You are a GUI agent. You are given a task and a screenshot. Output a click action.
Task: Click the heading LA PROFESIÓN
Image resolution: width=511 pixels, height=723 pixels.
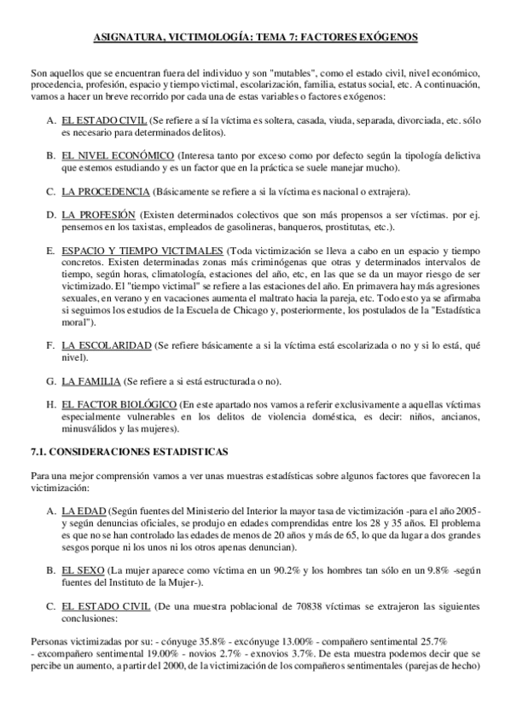tap(98, 215)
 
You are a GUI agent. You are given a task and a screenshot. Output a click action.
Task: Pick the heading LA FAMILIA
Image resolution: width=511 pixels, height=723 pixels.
tap(91, 380)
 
